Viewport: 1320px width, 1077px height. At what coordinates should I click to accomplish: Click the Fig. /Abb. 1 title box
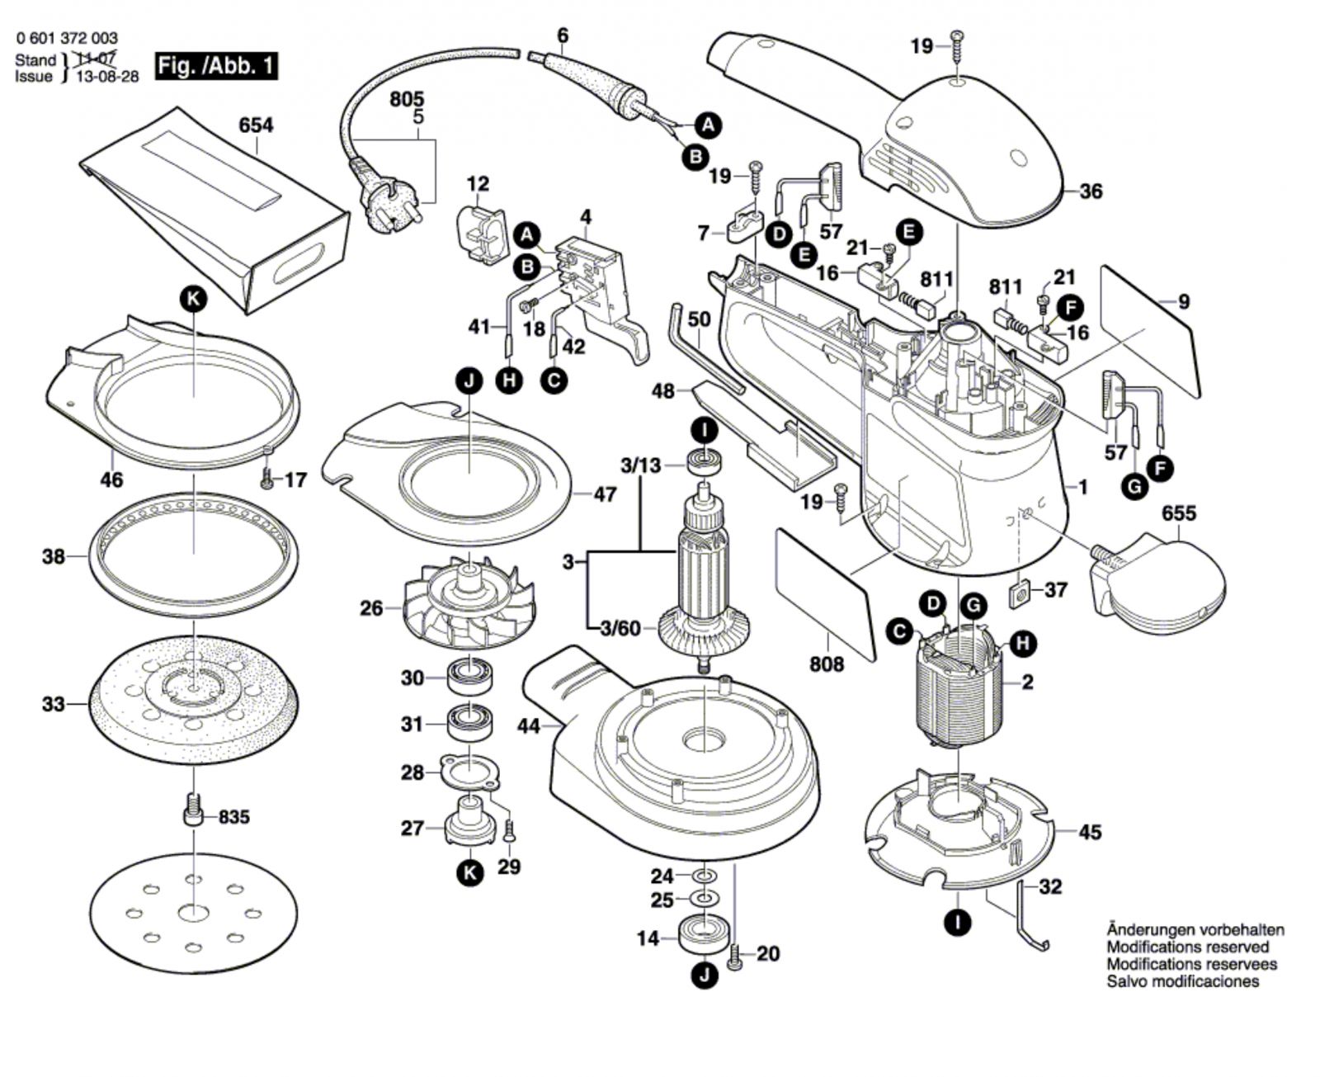point(216,65)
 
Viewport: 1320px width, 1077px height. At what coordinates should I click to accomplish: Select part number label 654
point(256,125)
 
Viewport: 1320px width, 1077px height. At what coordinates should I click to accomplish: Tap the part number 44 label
point(529,726)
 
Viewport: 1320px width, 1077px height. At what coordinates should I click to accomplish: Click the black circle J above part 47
point(469,381)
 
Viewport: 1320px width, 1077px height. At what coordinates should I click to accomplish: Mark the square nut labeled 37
point(1019,591)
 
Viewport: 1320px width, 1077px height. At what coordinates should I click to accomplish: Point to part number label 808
point(826,664)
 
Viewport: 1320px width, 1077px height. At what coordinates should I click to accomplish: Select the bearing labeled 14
point(703,933)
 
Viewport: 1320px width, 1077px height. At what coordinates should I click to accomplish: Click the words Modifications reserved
point(1188,947)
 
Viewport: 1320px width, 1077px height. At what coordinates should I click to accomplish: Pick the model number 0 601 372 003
point(66,38)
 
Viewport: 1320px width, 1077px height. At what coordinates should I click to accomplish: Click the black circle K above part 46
point(194,300)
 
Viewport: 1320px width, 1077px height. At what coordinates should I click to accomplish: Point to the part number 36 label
point(1091,191)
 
